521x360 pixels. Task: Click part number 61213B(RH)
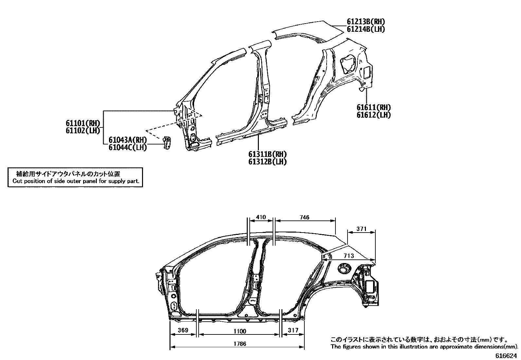[x=366, y=22]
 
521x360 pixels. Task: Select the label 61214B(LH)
[x=366, y=29]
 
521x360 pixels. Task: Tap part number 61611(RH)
[x=374, y=107]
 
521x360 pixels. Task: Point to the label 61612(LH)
[x=374, y=115]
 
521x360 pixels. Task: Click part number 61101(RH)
[x=82, y=123]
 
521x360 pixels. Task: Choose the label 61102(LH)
[x=82, y=130]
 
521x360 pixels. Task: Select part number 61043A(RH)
[x=128, y=140]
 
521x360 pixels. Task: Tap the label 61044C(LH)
[x=128, y=147]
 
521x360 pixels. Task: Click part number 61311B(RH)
[x=267, y=154]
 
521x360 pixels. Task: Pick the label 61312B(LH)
[x=267, y=162]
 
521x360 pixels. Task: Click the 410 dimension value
[x=261, y=217]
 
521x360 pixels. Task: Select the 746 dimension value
[x=304, y=217]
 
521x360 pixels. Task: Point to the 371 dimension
[x=361, y=229]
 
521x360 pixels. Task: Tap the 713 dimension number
[x=349, y=256]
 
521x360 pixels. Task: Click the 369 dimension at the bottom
[x=183, y=330]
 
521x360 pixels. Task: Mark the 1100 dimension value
[x=240, y=331]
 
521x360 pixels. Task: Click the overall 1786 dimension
[x=240, y=344]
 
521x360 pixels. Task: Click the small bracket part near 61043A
[x=168, y=143]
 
